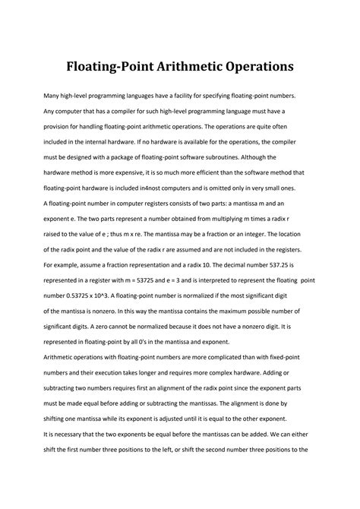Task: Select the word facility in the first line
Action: (207, 96)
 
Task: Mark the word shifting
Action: (68, 407)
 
